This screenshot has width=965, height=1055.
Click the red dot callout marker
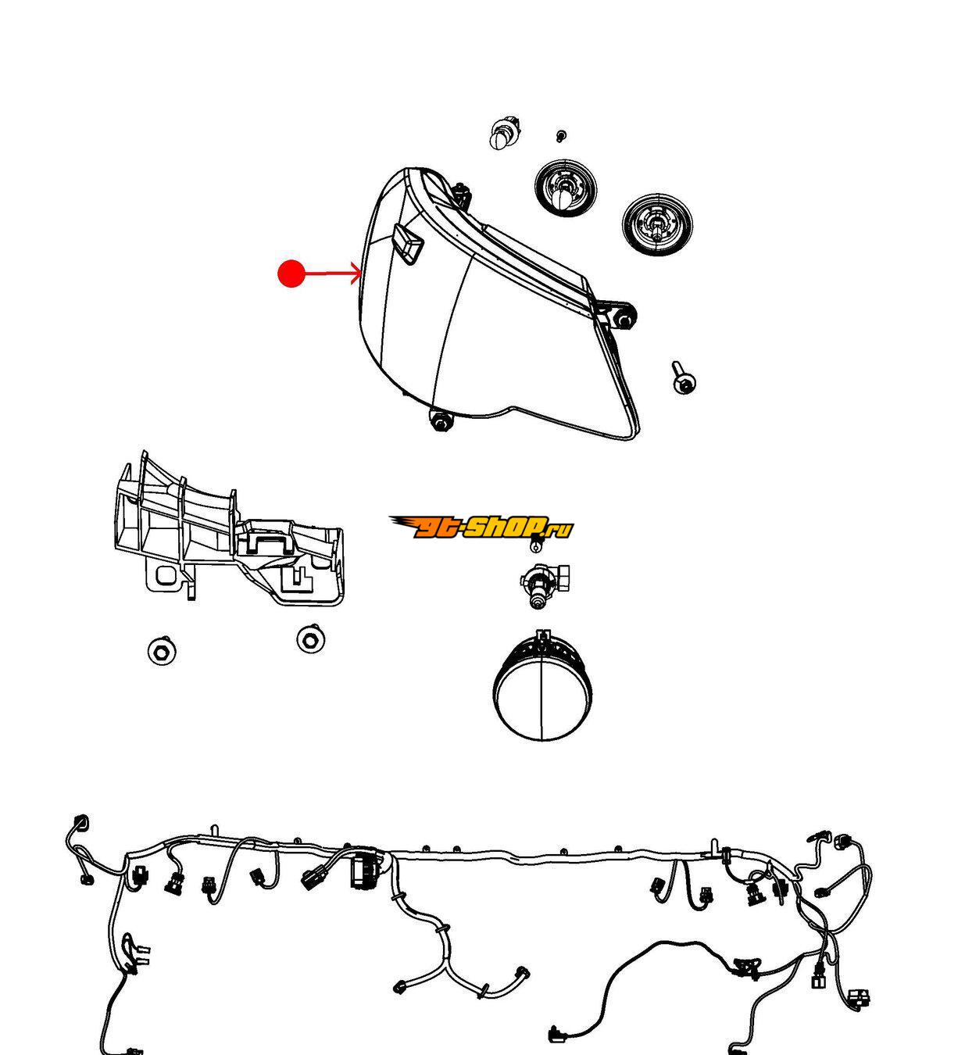pos(291,274)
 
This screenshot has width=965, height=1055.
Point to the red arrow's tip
pos(361,273)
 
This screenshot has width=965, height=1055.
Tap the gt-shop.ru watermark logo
pos(481,527)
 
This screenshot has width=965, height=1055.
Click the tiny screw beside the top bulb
pos(560,136)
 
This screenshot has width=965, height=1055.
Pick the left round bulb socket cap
pos(566,188)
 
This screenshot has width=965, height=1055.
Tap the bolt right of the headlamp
pos(684,377)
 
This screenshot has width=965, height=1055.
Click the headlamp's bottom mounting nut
pos(440,421)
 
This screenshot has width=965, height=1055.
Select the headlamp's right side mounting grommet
pos(624,316)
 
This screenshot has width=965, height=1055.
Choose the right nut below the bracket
pos(310,639)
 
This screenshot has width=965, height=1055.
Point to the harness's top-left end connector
pos(81,823)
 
